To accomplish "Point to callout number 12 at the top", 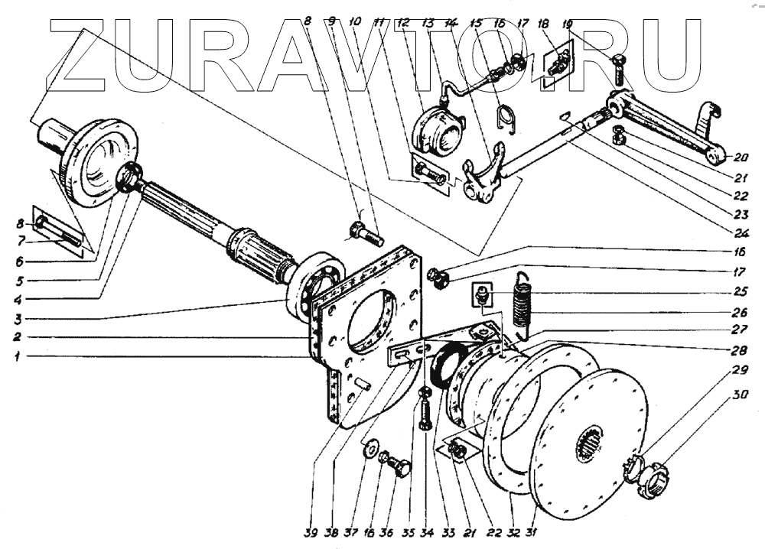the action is coord(403,24).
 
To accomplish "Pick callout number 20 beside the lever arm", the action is coord(740,158).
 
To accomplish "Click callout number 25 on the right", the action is coord(739,291).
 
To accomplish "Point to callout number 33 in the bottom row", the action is coord(442,531).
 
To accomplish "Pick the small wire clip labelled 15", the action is coord(505,115).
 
